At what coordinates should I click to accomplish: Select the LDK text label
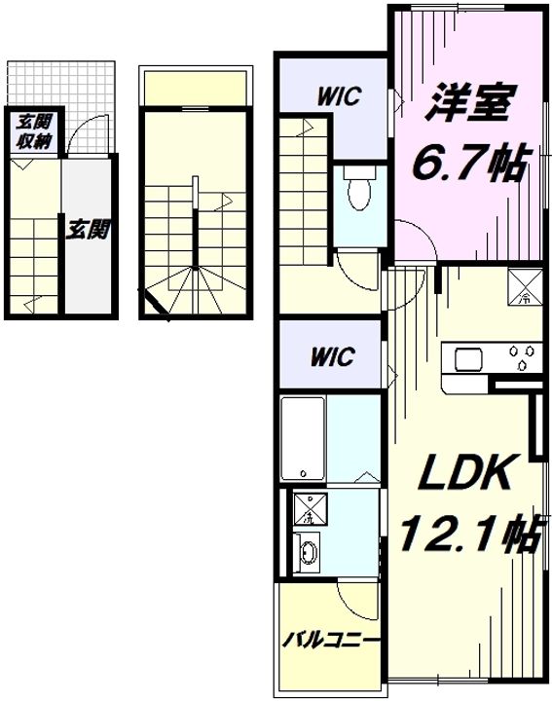463,472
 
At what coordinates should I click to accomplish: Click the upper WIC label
339,96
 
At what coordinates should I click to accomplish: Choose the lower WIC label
333,356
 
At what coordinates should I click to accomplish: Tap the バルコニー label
331,641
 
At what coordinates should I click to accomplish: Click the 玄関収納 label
35,131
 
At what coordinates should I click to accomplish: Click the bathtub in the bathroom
303,438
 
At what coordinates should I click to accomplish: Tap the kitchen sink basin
469,359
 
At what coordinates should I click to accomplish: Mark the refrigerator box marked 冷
525,287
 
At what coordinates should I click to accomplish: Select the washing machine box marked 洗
310,508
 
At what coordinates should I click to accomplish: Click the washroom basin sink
308,553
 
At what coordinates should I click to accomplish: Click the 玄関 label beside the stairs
89,230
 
